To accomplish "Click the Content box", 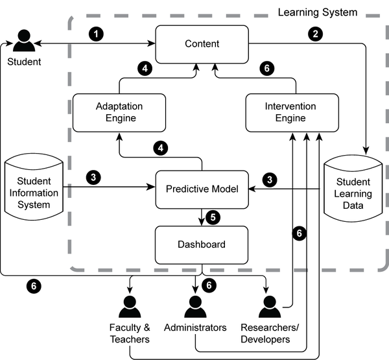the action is (202, 44).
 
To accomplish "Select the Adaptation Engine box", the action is (119, 113).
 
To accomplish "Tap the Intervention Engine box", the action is (292, 113).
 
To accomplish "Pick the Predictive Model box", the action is (202, 189).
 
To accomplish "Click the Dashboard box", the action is (202, 245).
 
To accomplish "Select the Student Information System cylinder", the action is (34, 187).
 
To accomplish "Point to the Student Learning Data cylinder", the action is (353, 189).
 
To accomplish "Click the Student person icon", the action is (24, 40).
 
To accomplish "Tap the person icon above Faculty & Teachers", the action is (130, 307).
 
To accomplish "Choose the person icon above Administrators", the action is (195, 307).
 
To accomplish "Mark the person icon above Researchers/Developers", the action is (270, 307).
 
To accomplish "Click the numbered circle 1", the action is (96, 34).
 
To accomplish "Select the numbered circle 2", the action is (315, 34).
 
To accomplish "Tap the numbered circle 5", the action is (213, 217).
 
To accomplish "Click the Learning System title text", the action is (318, 12).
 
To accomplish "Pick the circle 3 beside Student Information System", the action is (93, 177).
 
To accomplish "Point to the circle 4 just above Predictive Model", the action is (161, 149).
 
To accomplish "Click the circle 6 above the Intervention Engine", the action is (267, 68).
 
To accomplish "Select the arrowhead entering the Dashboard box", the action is (202, 222).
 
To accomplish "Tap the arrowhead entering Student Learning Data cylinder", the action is (366, 150).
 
